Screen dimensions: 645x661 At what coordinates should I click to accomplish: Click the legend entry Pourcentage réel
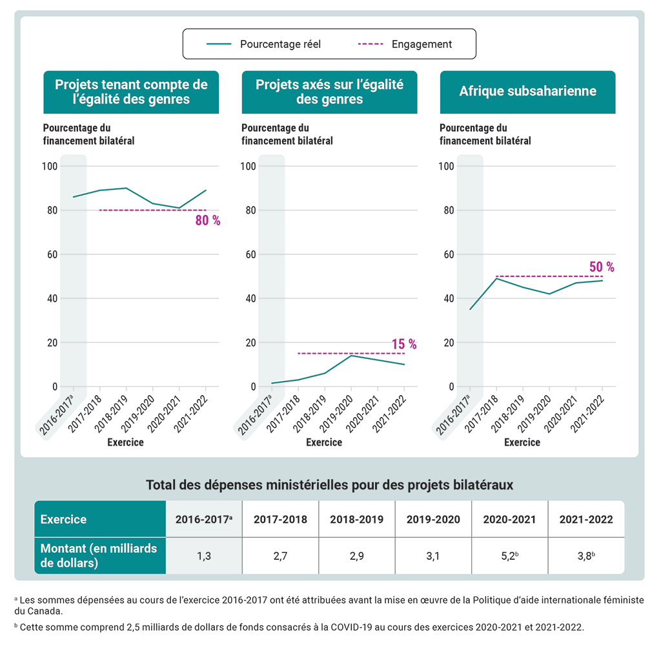(280, 45)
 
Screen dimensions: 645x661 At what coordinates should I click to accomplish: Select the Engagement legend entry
(422, 45)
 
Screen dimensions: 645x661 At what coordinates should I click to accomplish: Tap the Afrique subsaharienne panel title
(527, 92)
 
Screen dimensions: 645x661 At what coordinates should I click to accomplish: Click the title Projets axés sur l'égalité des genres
(329, 92)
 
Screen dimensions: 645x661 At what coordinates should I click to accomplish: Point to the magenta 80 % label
(208, 221)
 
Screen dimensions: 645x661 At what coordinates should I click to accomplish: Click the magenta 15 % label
(404, 345)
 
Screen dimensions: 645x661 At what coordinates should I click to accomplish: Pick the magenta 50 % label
(602, 267)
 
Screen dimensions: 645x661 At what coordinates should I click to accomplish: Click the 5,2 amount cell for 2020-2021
(509, 555)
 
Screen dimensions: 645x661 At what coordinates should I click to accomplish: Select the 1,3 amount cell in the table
(204, 555)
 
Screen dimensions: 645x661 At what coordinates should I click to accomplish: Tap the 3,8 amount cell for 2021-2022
(586, 555)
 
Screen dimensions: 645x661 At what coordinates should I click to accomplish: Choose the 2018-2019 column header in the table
(356, 519)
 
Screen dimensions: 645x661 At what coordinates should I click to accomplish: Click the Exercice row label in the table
(63, 519)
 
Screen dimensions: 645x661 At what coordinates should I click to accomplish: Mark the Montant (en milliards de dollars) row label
(99, 555)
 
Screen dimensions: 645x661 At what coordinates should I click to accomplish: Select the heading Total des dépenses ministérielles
(329, 485)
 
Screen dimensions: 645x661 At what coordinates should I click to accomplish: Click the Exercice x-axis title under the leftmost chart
(126, 442)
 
